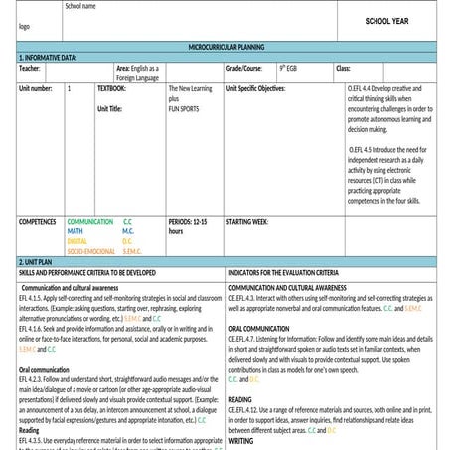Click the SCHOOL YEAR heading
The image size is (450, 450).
(x=388, y=20)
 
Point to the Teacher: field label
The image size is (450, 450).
(x=30, y=68)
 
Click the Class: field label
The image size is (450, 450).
(x=343, y=68)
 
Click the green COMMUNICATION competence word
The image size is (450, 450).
(x=90, y=221)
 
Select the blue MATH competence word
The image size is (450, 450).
(x=75, y=230)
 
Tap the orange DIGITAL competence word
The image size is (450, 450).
(x=76, y=240)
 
